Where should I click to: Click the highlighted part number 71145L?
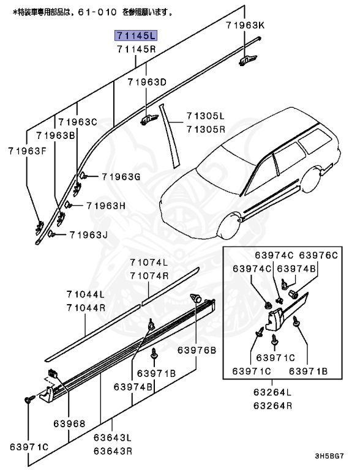pyautogui.click(x=135, y=35)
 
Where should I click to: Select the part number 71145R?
pyautogui.click(x=135, y=48)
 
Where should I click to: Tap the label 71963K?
pyautogui.click(x=245, y=25)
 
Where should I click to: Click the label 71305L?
pyautogui.click(x=206, y=116)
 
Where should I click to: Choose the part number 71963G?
pyautogui.click(x=121, y=177)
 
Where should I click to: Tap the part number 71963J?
pyautogui.click(x=88, y=234)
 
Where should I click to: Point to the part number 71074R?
pyautogui.click(x=148, y=275)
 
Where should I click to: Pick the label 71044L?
pyautogui.click(x=86, y=294)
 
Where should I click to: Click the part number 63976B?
pyautogui.click(x=197, y=350)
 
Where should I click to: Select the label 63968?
pyautogui.click(x=69, y=423)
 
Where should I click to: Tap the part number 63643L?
pyautogui.click(x=113, y=438)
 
